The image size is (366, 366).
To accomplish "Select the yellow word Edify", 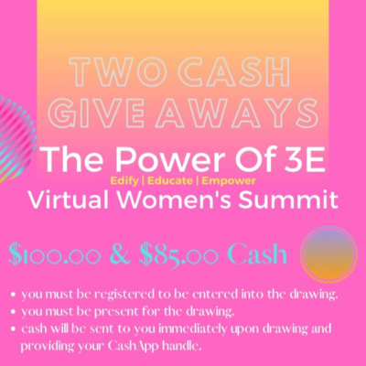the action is pyautogui.click(x=124, y=181).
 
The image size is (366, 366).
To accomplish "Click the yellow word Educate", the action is pyautogui.click(x=170, y=181).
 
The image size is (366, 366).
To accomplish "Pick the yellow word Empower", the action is pyautogui.click(x=229, y=181).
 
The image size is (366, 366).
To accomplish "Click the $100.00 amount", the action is pyautogui.click(x=55, y=254).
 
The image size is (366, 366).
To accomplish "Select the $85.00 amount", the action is pyautogui.click(x=178, y=254).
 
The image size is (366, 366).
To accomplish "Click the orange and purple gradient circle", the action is pyautogui.click(x=328, y=253).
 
